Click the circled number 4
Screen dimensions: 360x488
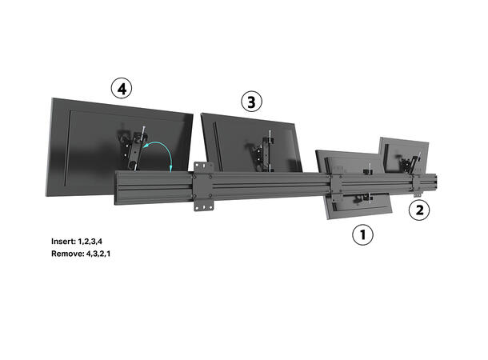[x=122, y=89]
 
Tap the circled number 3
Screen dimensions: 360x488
[x=250, y=102]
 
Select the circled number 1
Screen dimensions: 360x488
[x=362, y=235]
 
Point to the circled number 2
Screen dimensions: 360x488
[x=419, y=210]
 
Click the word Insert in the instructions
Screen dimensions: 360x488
[x=63, y=240]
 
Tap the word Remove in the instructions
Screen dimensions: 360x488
[x=66, y=254]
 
